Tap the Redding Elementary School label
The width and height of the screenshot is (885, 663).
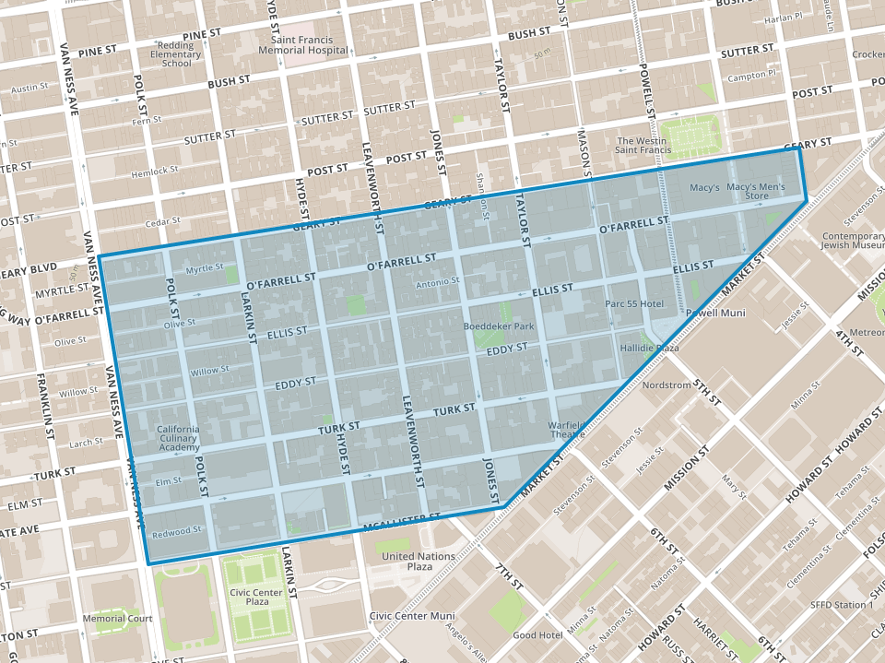pyautogui.click(x=163, y=54)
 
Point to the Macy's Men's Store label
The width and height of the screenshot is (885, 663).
pyautogui.click(x=755, y=192)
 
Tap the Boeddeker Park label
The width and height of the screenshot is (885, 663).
pyautogui.click(x=500, y=326)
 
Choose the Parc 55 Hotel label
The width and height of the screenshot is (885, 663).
pyautogui.click(x=634, y=303)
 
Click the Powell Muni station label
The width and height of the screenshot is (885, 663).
pyautogui.click(x=714, y=313)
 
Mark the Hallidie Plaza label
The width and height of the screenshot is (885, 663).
pyautogui.click(x=648, y=349)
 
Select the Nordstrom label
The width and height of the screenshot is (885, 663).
pyautogui.click(x=666, y=385)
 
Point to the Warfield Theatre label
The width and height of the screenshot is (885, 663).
pyautogui.click(x=566, y=432)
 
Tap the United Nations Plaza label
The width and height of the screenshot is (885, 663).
pyautogui.click(x=418, y=562)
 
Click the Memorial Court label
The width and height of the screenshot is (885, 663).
pyautogui.click(x=117, y=618)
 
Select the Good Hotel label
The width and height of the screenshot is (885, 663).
pyautogui.click(x=537, y=635)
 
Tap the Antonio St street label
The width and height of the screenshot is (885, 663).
pyautogui.click(x=437, y=281)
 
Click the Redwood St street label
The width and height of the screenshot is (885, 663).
pyautogui.click(x=177, y=530)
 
